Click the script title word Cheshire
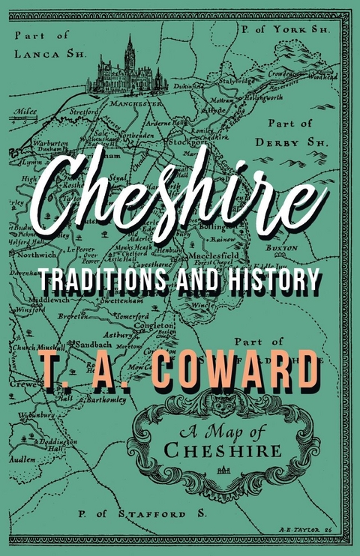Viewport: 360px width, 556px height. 180,191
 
